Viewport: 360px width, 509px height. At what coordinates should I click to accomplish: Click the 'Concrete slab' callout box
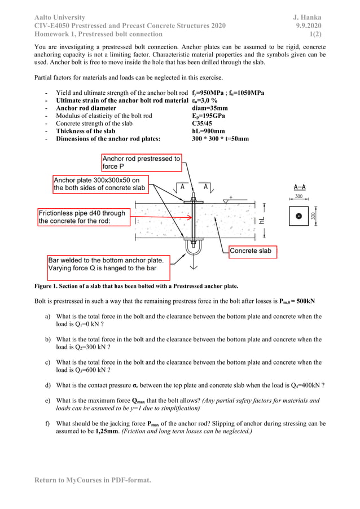tap(252, 251)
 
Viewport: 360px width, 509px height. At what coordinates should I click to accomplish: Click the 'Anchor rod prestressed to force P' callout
tap(141, 163)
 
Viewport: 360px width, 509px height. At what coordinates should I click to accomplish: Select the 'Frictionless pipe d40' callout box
tap(82, 217)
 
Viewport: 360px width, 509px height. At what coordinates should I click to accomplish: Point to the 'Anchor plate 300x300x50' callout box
tap(100, 184)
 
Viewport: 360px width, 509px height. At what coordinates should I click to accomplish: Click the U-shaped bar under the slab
tap(193, 249)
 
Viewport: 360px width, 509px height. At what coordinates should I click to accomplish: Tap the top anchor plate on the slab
tap(193, 201)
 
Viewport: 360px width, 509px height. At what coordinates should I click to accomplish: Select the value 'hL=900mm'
tap(209, 131)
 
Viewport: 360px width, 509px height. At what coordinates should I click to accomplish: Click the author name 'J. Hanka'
tap(305, 17)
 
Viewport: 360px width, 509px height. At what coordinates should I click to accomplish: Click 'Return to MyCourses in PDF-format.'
tap(93, 480)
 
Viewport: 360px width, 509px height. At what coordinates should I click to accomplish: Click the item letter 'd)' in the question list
tap(49, 385)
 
